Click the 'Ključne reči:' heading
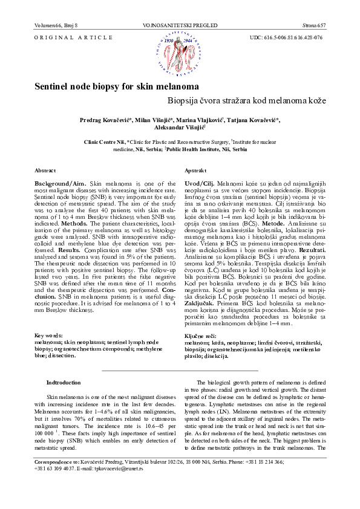point(200,335)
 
